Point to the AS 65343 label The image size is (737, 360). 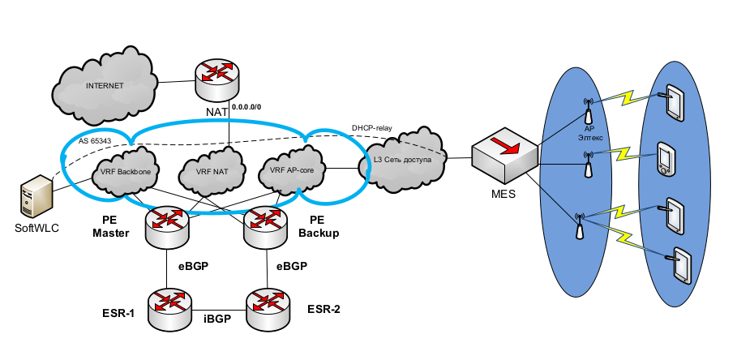tap(96, 140)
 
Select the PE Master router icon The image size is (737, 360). tap(166, 225)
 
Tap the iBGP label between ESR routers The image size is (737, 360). tap(217, 319)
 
